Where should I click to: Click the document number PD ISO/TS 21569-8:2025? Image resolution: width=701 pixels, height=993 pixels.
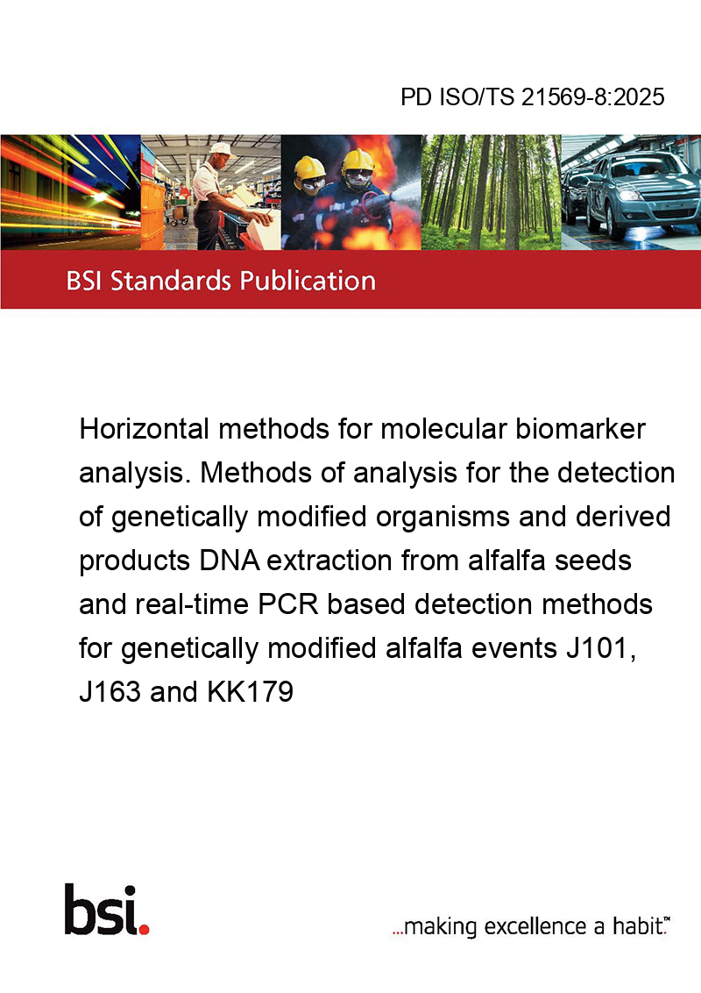coord(533,96)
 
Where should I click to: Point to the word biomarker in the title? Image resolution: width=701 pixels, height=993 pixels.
coord(580,429)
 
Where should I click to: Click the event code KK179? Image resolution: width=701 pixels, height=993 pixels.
coord(251,692)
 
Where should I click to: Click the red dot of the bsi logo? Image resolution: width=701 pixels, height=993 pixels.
coord(145,930)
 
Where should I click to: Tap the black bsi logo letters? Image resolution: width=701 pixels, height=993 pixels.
coord(102,910)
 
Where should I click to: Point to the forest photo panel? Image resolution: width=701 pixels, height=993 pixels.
coord(491,192)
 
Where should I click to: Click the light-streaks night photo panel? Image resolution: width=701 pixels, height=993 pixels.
coord(70,192)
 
